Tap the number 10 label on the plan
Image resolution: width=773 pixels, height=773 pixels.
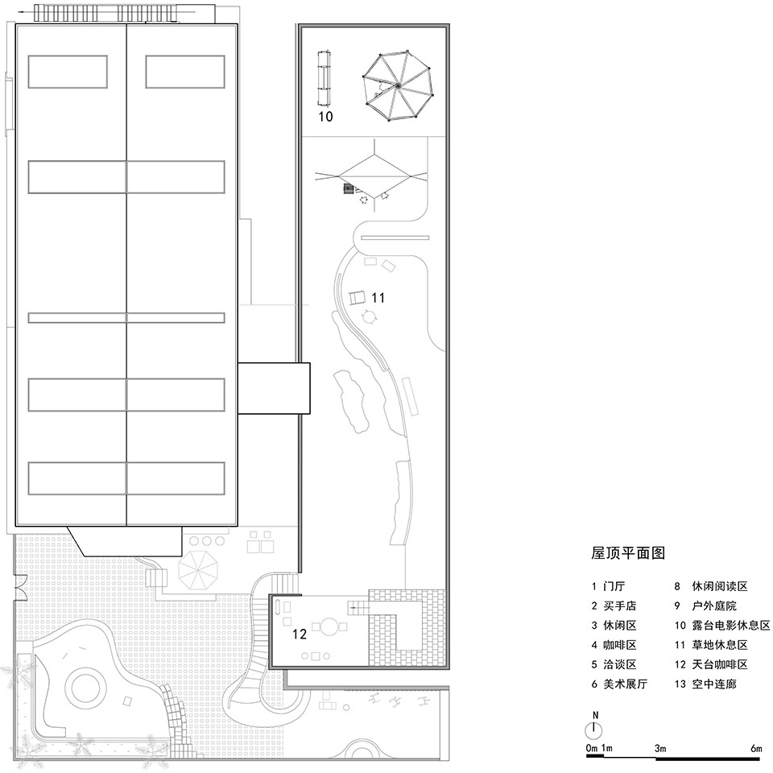point(325,117)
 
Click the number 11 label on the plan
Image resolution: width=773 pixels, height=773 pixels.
point(378,298)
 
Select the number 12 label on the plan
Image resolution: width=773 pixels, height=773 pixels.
point(300,634)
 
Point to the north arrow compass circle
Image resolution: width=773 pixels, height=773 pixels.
point(594,730)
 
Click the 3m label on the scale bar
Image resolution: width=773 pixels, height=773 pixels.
point(660,748)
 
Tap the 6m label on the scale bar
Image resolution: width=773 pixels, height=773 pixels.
point(756,748)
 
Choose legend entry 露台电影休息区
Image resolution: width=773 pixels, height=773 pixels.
point(730,625)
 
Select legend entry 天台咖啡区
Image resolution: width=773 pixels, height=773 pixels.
point(720,664)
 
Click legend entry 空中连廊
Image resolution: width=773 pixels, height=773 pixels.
point(714,684)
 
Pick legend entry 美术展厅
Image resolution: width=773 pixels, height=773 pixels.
point(625,684)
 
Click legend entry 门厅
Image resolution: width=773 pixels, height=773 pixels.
point(614,586)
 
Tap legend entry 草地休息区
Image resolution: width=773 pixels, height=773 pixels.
point(720,645)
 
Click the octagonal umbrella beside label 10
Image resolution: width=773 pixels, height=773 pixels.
point(398,85)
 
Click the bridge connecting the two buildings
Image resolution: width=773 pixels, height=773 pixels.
point(274,388)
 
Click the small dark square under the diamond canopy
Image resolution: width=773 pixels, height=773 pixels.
point(348,188)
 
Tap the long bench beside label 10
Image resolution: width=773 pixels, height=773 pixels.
point(324,78)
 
